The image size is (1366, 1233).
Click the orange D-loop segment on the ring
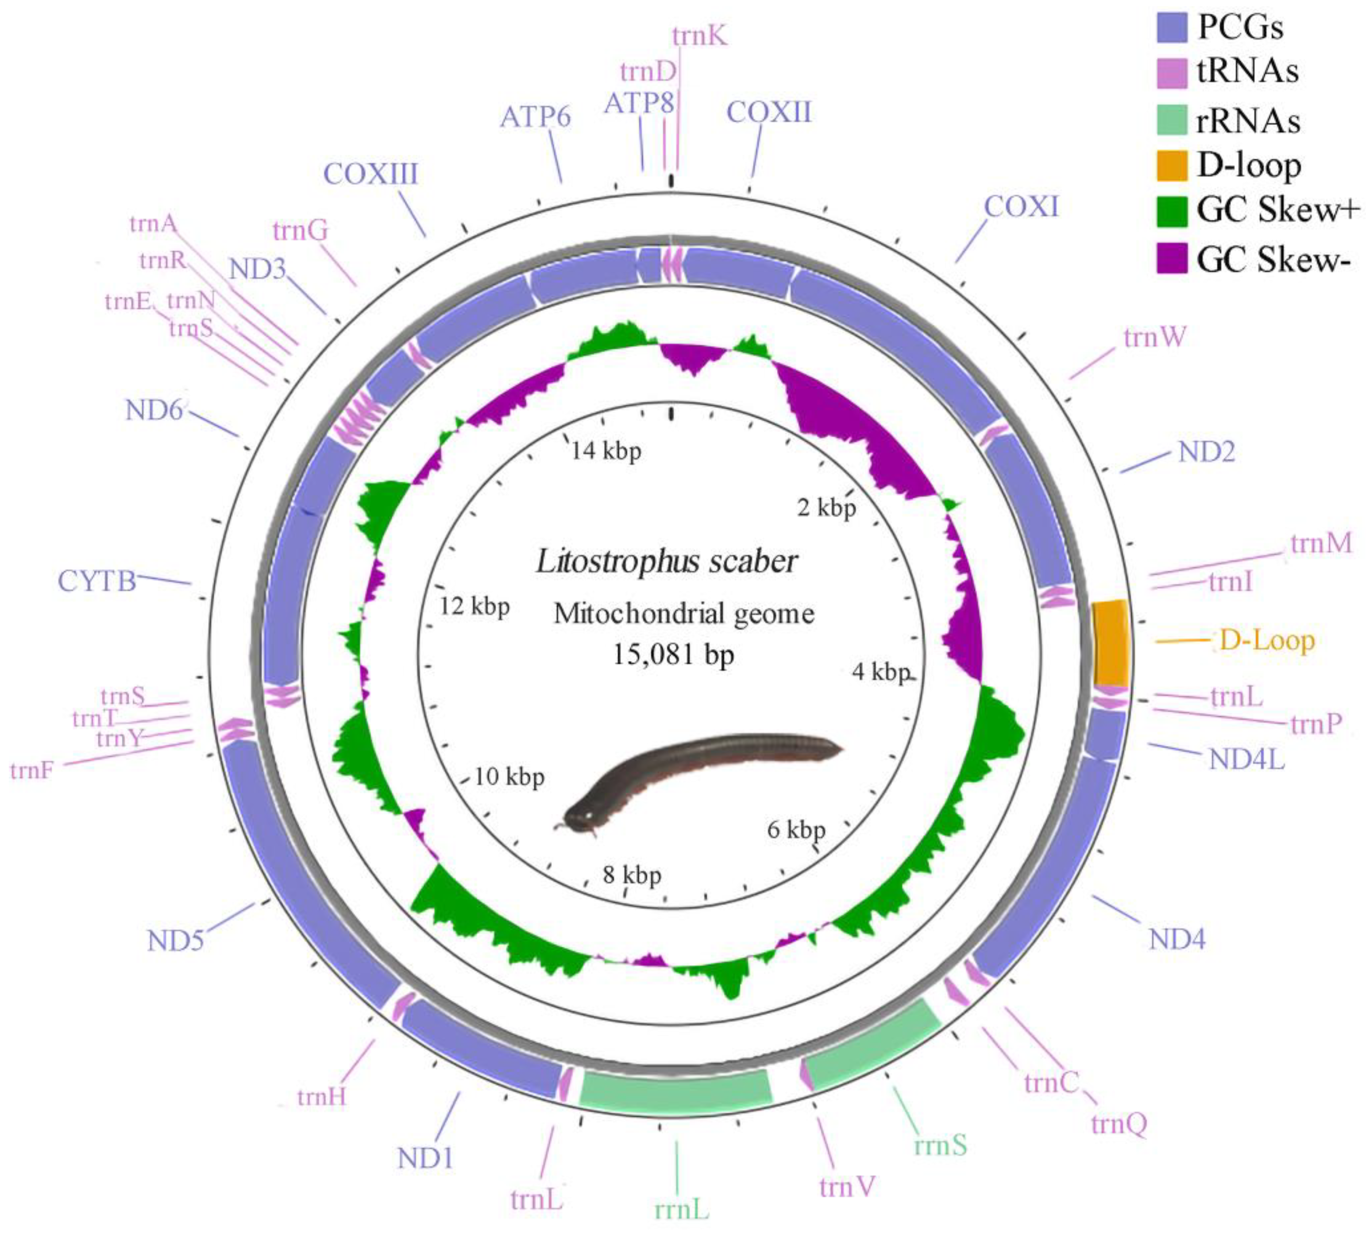1110,642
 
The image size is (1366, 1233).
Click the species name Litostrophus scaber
667,562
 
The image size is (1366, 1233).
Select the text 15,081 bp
673,655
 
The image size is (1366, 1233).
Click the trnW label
1155,337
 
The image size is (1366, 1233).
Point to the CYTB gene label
97,581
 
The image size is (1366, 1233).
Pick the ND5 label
175,941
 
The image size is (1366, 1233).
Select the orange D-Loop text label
1266,640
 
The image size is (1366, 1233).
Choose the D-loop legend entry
1248,165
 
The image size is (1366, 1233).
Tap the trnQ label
1119,1124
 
